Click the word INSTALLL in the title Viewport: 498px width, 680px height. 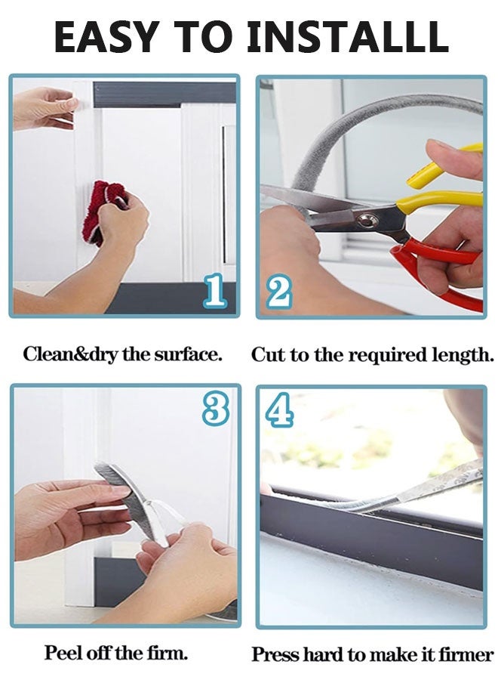pyautogui.click(x=348, y=36)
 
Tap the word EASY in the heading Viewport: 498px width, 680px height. pyautogui.click(x=106, y=36)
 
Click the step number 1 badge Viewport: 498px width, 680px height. pyautogui.click(x=215, y=292)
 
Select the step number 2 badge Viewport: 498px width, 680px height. pyautogui.click(x=279, y=292)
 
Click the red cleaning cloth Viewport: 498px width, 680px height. pyautogui.click(x=107, y=212)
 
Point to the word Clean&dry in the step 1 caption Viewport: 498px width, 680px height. pyautogui.click(x=71, y=355)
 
